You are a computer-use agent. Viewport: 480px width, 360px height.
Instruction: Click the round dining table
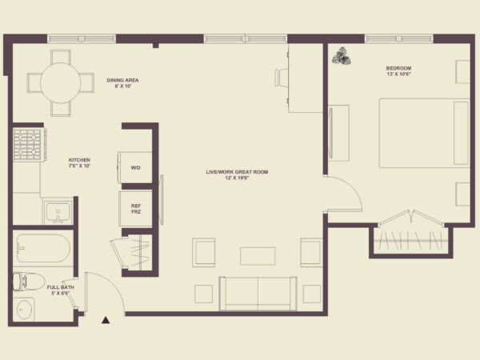(60, 83)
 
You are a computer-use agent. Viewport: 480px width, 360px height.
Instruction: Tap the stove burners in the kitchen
(27, 145)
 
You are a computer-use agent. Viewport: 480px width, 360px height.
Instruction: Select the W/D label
(136, 168)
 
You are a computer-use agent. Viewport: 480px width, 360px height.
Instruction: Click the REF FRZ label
(136, 209)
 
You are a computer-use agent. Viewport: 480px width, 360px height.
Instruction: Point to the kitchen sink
(58, 212)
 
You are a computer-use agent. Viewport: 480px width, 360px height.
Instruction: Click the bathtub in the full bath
(43, 248)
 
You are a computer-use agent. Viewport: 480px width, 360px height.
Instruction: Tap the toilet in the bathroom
(29, 282)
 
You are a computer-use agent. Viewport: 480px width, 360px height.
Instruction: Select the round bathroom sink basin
(24, 309)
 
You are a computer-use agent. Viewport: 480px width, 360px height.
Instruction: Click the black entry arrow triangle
(106, 320)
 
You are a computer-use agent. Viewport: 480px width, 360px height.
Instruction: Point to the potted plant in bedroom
(342, 56)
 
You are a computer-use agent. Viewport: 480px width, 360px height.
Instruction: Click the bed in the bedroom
(424, 133)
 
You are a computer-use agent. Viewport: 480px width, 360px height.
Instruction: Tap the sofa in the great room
(258, 294)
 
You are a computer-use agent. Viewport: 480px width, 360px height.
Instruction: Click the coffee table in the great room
(258, 256)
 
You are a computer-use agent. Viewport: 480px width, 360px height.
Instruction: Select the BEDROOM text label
(398, 68)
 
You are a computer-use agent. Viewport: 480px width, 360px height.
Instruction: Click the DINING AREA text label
(122, 80)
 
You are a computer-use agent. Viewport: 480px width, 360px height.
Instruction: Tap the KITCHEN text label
(79, 160)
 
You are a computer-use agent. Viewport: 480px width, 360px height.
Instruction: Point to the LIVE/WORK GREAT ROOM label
(237, 172)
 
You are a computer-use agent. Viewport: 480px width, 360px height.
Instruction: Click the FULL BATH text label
(60, 287)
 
